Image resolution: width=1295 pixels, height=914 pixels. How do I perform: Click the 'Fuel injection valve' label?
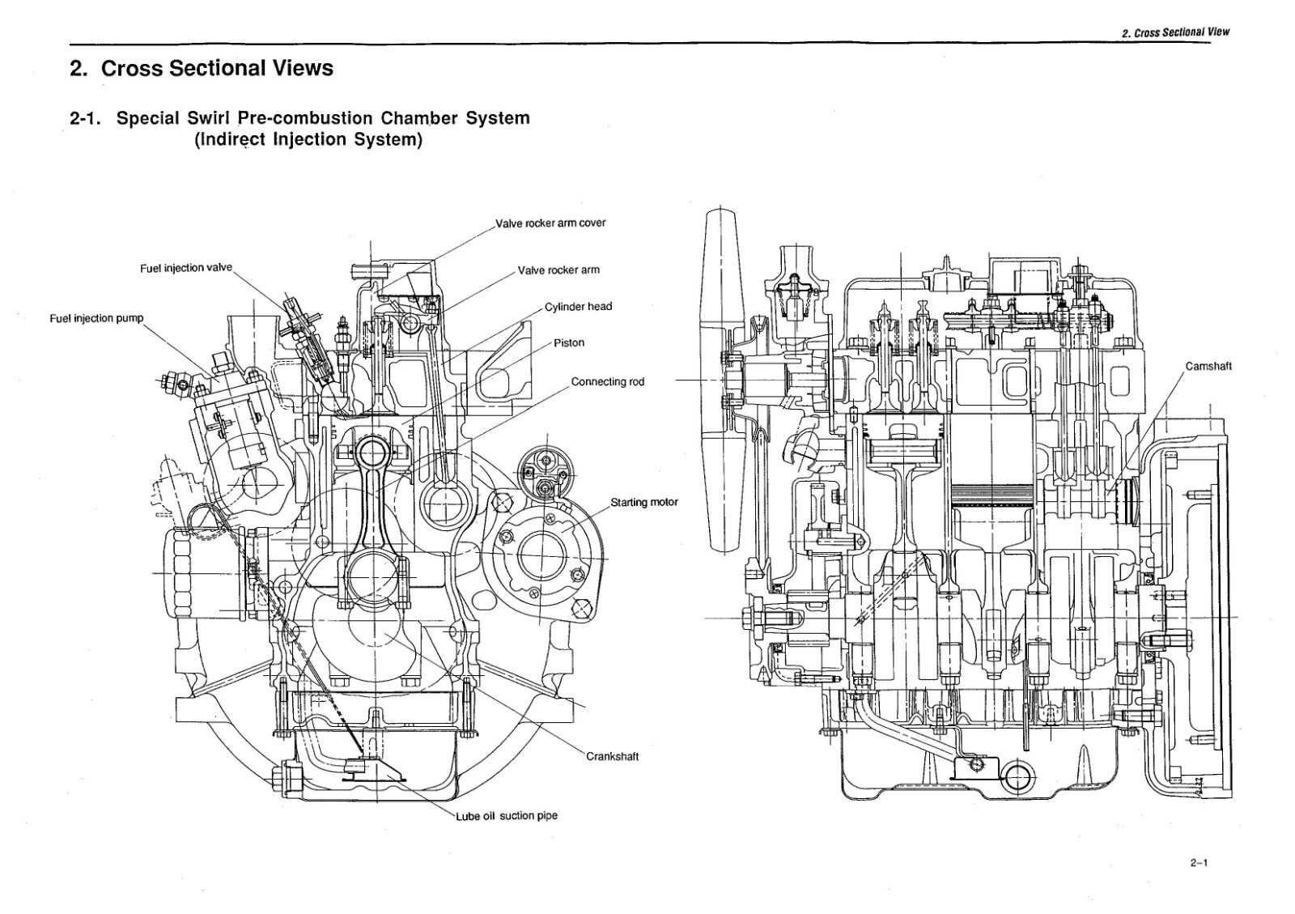point(185,268)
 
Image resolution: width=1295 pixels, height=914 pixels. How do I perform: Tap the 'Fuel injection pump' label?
point(96,318)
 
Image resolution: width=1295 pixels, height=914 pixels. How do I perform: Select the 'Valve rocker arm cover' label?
point(550,223)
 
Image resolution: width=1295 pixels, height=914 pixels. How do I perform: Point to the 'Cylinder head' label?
point(578,306)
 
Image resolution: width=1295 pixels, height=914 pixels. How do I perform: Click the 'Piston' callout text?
point(569,342)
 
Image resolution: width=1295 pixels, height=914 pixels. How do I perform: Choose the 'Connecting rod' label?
point(607,381)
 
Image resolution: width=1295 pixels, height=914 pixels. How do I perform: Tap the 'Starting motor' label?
point(643,502)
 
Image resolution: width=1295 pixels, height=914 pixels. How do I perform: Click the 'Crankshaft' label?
point(612,756)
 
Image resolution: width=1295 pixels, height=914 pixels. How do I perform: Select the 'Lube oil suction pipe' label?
point(507,815)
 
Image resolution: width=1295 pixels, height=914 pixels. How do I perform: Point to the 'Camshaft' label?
point(1208,366)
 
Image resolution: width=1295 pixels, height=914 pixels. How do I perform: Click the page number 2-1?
point(1199,863)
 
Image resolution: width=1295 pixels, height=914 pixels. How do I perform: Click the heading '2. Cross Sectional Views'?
point(202,68)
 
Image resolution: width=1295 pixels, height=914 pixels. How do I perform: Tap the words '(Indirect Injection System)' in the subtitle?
point(308,139)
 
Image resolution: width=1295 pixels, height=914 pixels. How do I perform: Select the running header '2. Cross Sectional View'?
point(1175,32)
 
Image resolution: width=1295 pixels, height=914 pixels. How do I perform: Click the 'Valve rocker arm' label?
point(558,270)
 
